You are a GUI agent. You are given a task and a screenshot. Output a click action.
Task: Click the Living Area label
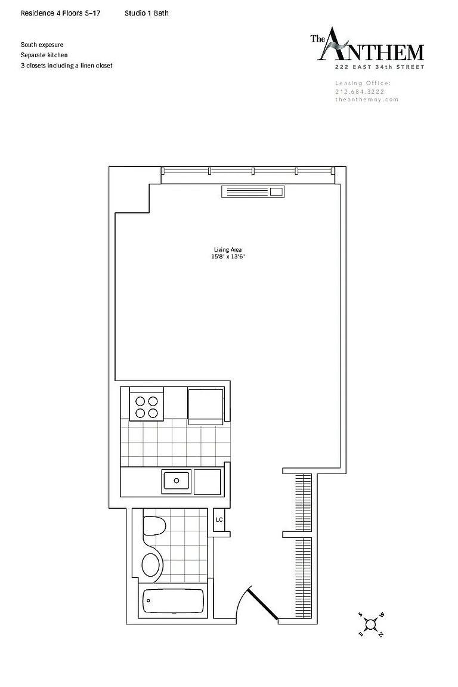tap(227, 250)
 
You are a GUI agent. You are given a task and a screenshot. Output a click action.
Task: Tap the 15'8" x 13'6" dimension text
tap(227, 257)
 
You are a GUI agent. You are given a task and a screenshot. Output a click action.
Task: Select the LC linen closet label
tap(219, 519)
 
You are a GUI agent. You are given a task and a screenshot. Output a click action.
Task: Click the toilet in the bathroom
tap(154, 525)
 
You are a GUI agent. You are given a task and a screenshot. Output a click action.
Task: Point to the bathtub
tap(174, 601)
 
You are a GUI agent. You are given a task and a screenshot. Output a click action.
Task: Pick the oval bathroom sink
tap(151, 565)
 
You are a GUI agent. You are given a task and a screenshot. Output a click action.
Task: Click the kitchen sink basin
tap(176, 481)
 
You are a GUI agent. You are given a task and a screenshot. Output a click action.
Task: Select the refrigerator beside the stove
tap(206, 406)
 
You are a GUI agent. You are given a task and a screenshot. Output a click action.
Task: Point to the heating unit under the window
tap(253, 191)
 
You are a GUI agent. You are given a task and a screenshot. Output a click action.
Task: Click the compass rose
tap(371, 624)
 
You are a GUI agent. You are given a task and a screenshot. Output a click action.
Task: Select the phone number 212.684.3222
tap(360, 92)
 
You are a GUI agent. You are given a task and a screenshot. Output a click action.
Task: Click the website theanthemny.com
tap(367, 100)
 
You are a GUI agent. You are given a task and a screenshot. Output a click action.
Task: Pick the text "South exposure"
tap(42, 45)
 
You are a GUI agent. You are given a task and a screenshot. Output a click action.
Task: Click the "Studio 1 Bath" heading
tap(146, 13)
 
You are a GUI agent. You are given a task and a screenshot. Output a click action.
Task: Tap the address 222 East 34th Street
tap(379, 67)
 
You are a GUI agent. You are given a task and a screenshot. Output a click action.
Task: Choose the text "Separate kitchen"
tap(44, 55)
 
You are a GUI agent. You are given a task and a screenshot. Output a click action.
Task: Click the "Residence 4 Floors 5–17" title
tap(60, 13)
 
